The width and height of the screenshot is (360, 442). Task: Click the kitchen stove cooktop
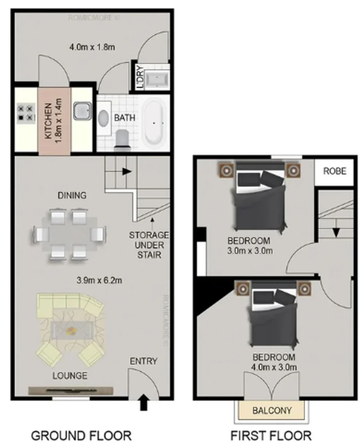point(25,113)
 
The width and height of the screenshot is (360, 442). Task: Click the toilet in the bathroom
point(122,138)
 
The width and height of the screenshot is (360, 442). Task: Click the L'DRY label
point(140,77)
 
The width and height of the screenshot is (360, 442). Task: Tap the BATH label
point(125,118)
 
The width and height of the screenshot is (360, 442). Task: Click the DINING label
point(72,196)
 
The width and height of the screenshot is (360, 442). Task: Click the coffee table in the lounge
point(72,329)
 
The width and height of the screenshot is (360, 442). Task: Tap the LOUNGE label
point(70,375)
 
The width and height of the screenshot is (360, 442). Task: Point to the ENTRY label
point(143,361)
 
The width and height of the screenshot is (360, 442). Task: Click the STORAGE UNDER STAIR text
point(149,245)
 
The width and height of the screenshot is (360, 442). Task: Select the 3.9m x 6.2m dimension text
point(100,280)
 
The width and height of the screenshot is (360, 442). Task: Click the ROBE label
point(335,171)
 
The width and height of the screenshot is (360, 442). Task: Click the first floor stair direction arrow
point(335,232)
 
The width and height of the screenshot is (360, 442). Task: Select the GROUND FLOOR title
point(81,435)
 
